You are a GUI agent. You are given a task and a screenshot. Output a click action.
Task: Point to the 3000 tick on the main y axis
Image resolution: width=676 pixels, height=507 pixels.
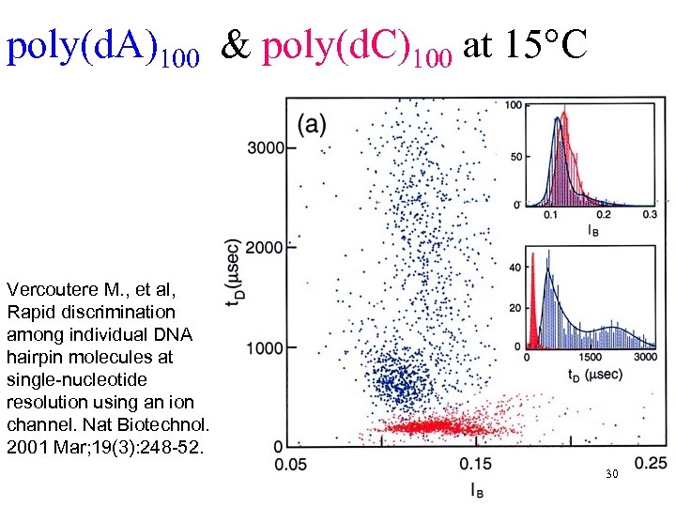[264, 147]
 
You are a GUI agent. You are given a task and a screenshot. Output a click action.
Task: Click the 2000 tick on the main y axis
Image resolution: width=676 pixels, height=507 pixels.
[264, 248]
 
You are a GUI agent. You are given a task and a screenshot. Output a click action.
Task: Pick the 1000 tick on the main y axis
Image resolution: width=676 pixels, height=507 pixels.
[264, 348]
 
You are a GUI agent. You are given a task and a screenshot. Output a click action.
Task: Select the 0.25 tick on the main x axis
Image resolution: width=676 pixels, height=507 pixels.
[650, 462]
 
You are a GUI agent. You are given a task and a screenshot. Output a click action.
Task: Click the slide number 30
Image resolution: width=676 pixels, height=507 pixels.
[611, 475]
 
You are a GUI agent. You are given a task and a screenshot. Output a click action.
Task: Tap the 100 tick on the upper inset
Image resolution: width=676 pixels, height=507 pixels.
[514, 105]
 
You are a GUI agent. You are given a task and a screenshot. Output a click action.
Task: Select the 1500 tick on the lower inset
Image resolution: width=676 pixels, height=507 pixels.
[591, 357]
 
